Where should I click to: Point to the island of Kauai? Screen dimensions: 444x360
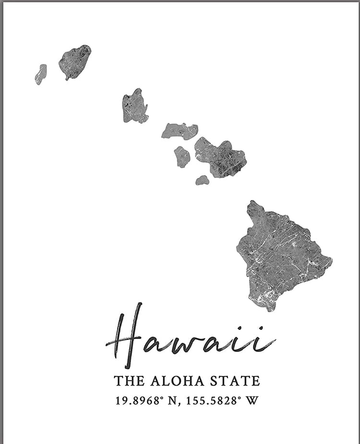tap(75, 61)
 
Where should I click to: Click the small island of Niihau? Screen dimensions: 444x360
tap(41, 74)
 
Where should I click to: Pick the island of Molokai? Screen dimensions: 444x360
tap(179, 130)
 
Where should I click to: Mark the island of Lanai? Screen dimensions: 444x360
tap(182, 157)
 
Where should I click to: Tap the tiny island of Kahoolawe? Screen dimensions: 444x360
tap(202, 180)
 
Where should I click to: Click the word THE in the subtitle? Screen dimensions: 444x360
tap(129, 381)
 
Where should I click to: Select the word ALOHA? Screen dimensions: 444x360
tap(177, 381)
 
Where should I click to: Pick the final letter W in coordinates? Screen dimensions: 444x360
tap(252, 400)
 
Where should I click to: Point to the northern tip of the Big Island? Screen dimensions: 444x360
tap(253, 203)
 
